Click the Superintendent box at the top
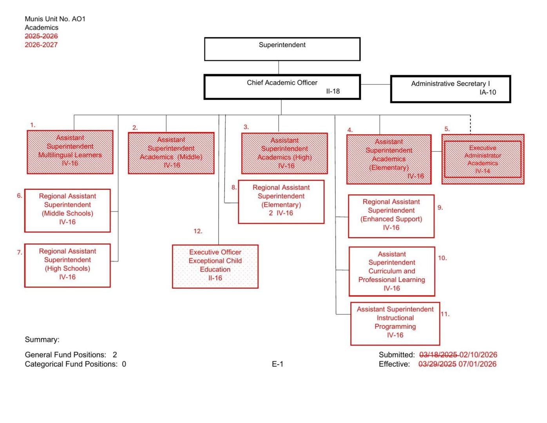[x=282, y=49]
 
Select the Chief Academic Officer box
[x=282, y=87]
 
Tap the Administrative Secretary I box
[x=451, y=89]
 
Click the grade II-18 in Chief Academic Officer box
[x=333, y=91]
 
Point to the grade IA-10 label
[x=487, y=93]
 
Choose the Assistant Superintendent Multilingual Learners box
[x=70, y=152]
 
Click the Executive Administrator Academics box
[x=483, y=159]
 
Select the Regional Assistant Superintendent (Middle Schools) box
[x=67, y=211]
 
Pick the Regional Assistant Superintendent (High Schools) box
[x=67, y=265]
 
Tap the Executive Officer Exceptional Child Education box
[x=215, y=267]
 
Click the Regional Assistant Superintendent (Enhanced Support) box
[x=391, y=216]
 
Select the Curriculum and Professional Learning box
[x=392, y=271]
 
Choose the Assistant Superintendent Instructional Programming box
[x=395, y=323]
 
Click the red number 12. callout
[x=198, y=231]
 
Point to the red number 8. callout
[x=234, y=187]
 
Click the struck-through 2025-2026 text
[x=41, y=36]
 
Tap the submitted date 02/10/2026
[x=478, y=355]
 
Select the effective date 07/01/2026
[x=477, y=364]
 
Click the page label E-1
[x=277, y=364]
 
